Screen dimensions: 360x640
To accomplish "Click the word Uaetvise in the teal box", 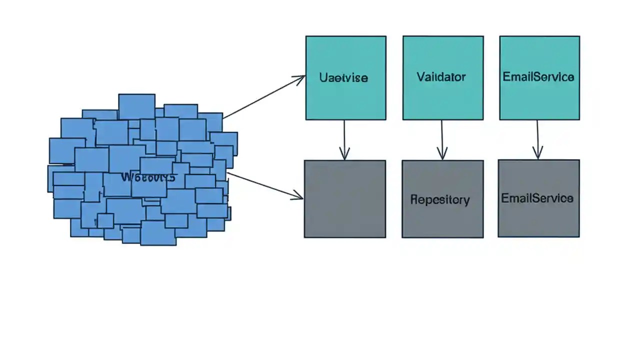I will [x=343, y=78].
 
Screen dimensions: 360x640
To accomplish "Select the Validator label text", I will [x=441, y=77].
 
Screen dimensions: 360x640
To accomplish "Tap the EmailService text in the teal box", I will [x=538, y=77].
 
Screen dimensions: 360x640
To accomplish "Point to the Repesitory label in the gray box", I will [x=440, y=199].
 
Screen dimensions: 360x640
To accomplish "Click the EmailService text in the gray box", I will [x=537, y=198].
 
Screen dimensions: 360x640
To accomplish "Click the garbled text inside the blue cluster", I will [x=148, y=177].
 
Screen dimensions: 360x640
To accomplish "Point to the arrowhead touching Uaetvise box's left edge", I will [x=300, y=78].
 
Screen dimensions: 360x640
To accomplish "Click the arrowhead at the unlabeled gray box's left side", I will [x=298, y=196].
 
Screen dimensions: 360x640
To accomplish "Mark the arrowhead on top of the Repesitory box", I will [x=442, y=154].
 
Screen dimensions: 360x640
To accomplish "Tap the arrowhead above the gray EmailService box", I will [x=538, y=153].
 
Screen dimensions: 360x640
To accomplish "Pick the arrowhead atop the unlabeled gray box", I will [x=344, y=154].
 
